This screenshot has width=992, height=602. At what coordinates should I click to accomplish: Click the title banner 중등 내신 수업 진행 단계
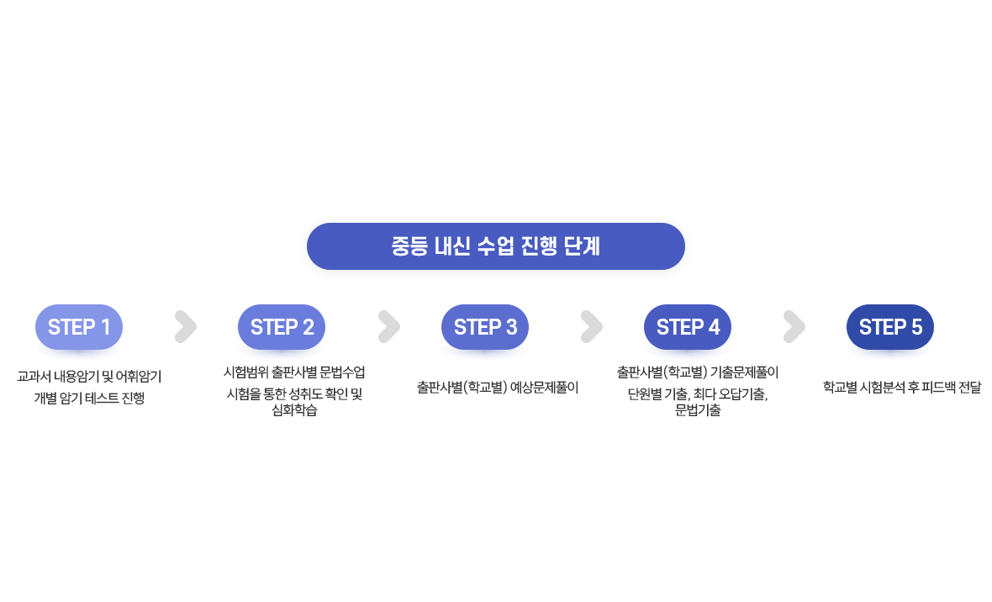pos(495,246)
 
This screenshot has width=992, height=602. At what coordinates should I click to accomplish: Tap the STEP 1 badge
pos(79,327)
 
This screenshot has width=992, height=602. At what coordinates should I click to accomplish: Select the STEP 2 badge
pos(282,327)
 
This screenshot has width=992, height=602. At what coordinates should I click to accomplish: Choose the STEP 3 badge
pos(485,327)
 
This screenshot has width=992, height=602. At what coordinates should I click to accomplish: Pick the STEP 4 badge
pos(688,327)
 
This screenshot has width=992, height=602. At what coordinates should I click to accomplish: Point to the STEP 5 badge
pos(890,327)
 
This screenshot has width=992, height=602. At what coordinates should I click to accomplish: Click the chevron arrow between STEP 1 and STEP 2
pos(185,327)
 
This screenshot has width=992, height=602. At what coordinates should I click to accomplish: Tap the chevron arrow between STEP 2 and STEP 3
pos(388,327)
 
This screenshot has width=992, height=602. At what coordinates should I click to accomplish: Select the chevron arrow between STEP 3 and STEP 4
pos(591,327)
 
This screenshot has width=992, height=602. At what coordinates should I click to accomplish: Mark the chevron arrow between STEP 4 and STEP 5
pos(794,327)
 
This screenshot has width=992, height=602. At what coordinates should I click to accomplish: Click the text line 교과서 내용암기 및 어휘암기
pos(89,376)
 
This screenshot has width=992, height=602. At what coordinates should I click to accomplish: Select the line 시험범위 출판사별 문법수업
pos(294,372)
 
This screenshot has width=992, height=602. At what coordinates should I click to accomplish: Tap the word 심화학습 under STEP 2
pos(294,411)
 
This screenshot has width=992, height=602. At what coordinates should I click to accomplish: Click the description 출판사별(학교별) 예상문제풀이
pos(498,388)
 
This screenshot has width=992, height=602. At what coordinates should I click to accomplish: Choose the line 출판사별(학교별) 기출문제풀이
pos(698,372)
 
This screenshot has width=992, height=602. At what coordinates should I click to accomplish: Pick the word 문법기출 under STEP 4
pos(698,411)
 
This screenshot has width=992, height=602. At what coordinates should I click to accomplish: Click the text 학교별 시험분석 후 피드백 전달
pos(901,388)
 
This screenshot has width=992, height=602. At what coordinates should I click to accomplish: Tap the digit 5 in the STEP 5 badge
pos(915,327)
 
